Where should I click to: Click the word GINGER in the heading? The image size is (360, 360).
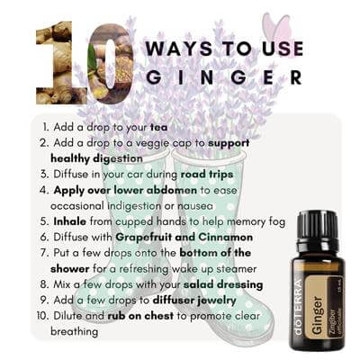coord(224,76)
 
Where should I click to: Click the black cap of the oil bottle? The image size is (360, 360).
coord(318,227)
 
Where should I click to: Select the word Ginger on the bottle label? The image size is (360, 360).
coord(318,316)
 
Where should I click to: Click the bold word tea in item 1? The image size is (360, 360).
coord(158,127)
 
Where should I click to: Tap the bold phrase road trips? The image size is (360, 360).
coord(207,175)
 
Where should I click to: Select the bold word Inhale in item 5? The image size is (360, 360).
coord(70,221)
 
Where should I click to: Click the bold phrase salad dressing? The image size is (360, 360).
coord(223,284)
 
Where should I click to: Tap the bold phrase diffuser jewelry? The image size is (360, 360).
coord(194,301)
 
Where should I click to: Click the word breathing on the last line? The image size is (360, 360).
coord(74,332)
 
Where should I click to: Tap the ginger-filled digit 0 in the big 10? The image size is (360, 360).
coord(111,64)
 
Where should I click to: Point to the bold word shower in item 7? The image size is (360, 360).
coord(70,268)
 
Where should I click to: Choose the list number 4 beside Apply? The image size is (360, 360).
coord(43,191)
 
